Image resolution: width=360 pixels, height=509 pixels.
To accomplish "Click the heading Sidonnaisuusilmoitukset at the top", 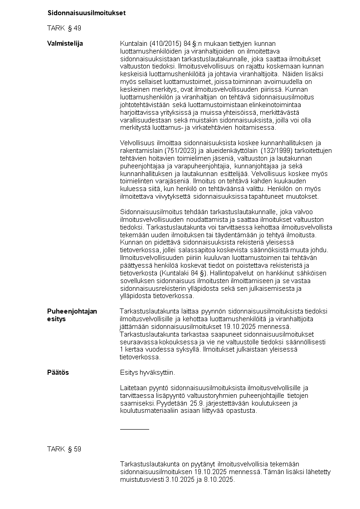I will point(86,13).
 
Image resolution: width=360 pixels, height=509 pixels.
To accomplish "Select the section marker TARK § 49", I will point(64,28).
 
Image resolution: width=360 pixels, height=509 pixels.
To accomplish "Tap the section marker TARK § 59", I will point(64,449).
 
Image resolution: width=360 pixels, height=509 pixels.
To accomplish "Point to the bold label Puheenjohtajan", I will point(72,311).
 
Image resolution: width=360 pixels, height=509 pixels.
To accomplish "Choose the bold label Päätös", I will point(58,372).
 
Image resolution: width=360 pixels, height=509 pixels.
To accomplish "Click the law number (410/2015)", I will point(165,44).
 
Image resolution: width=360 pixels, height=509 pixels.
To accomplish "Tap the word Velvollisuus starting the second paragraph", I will point(137,143).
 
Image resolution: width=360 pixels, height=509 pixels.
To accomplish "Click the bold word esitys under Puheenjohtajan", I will point(56,319).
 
